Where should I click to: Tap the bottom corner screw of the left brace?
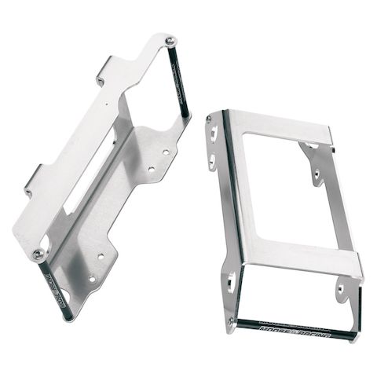pos(38,252)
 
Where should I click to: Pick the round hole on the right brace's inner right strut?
pos(317,178)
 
